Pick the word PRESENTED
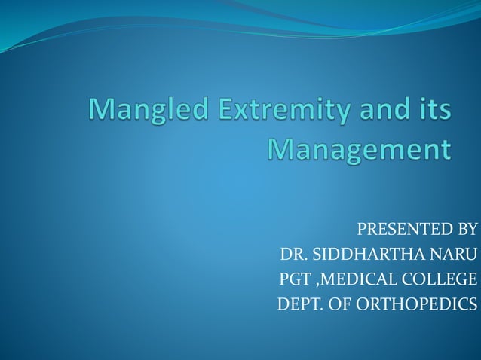(396, 230)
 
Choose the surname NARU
(452, 255)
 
